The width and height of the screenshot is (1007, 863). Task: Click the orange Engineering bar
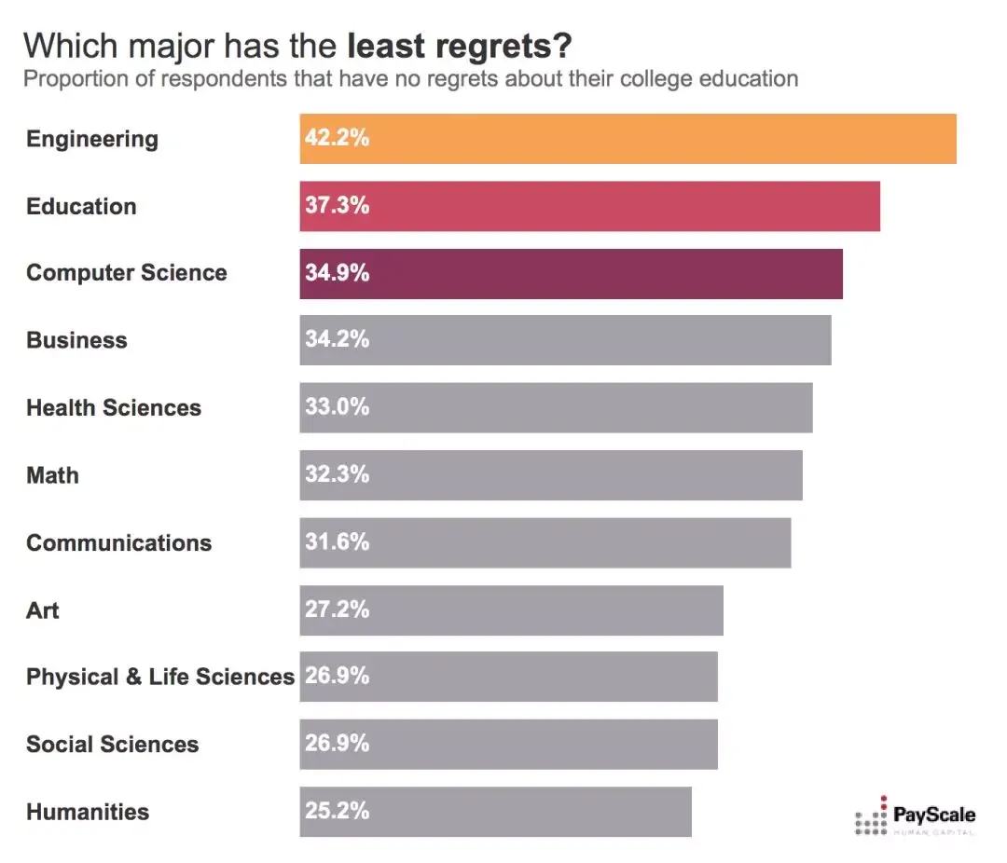(628, 139)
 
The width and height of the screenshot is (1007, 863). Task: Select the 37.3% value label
(337, 206)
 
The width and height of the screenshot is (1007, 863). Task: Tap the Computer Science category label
(127, 273)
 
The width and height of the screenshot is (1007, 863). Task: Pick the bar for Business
(565, 340)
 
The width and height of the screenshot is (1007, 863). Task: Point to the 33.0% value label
(337, 407)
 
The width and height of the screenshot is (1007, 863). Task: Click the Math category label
(52, 475)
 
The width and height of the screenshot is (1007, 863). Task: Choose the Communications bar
(545, 542)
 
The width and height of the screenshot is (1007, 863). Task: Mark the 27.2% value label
(337, 610)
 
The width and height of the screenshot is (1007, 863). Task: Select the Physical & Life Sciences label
(159, 677)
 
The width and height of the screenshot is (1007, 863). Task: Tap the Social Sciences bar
(508, 744)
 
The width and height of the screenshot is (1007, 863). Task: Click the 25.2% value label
(337, 811)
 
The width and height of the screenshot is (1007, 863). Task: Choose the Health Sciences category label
(114, 407)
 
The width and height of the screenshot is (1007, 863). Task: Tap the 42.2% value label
(337, 139)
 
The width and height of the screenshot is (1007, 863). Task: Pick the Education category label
(81, 206)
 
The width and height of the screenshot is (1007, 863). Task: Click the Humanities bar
(495, 812)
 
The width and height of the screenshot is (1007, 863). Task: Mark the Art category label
(43, 610)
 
